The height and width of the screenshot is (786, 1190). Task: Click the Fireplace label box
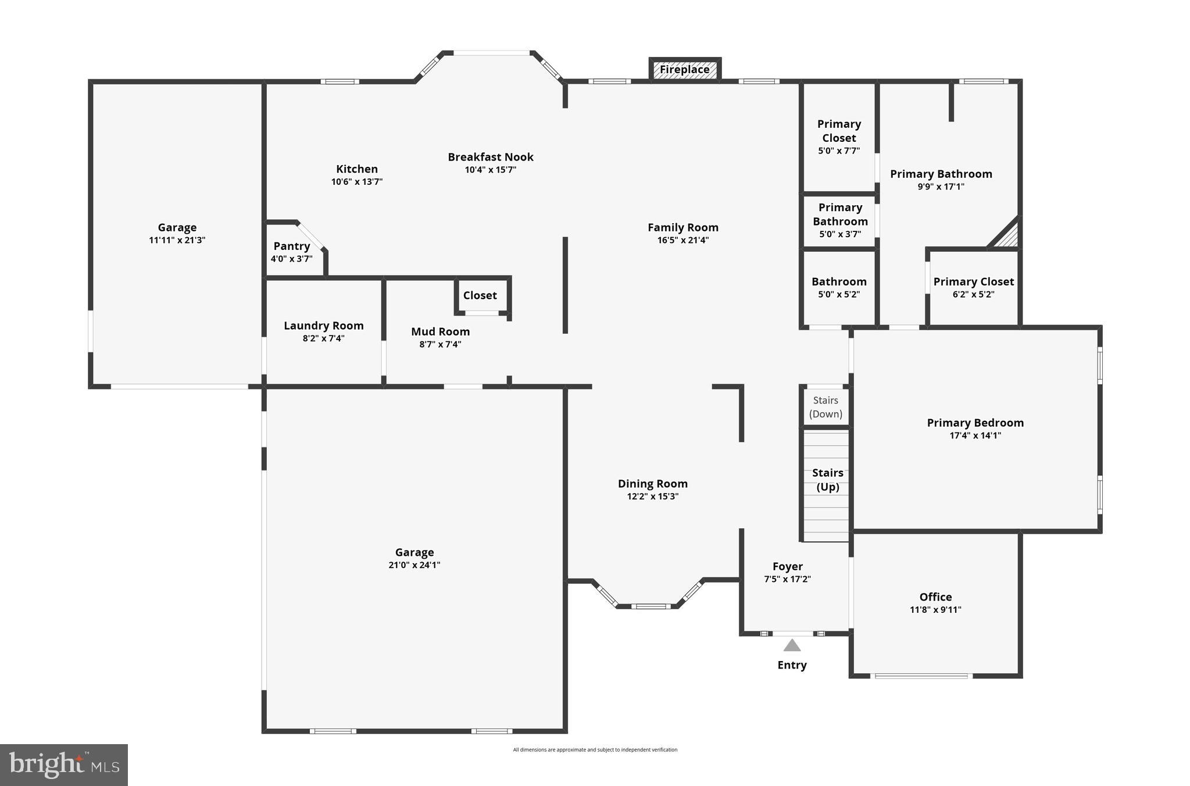coord(684,70)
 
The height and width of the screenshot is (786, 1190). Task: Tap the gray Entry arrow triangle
coord(792,646)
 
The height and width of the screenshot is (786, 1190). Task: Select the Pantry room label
coord(291,246)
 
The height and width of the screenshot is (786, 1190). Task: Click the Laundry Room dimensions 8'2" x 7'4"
coord(323,338)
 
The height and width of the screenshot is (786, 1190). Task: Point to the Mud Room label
coord(440,331)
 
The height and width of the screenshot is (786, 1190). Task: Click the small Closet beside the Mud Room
coord(480,295)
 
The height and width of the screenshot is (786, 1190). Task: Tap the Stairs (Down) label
coord(826,407)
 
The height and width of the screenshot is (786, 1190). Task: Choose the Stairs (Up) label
coord(827,480)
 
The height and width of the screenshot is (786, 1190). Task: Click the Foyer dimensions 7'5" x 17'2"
coord(787,579)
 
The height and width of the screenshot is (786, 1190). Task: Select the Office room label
coord(935,597)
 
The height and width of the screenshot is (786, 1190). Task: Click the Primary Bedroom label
coord(975,423)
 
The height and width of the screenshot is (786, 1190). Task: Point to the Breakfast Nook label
coord(490,157)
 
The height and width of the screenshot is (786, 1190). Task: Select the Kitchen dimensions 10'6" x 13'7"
coord(356,182)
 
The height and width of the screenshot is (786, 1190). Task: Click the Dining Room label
coord(652,484)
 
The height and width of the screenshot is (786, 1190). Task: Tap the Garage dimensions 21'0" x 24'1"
coord(414,565)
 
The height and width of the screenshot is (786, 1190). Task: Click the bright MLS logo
coord(63,764)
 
